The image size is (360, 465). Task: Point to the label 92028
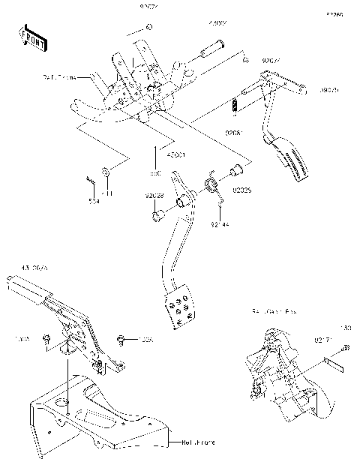click(154, 195)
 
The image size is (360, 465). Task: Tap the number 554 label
click(93, 201)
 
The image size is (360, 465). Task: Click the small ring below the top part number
click(149, 28)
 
